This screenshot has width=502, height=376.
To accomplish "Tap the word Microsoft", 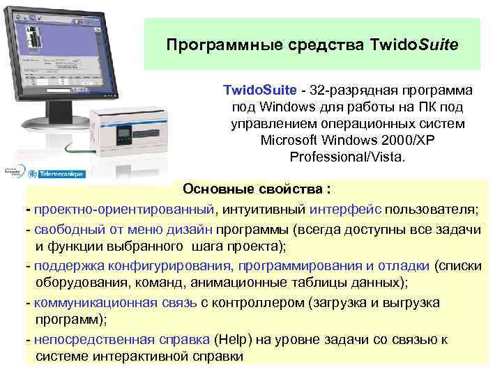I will pos(291,139).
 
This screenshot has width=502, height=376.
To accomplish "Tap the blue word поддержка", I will pos(69,265).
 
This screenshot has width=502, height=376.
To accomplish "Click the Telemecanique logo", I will pos(52,171).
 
